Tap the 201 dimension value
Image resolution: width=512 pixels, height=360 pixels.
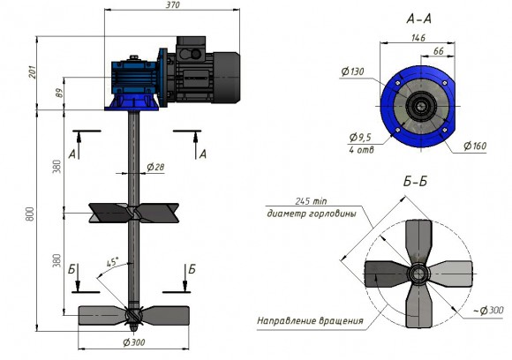pyautogui.click(x=33, y=72)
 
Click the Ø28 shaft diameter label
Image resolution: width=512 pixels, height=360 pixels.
pyautogui.click(x=156, y=167)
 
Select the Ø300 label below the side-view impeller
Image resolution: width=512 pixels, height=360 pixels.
pyautogui.click(x=134, y=341)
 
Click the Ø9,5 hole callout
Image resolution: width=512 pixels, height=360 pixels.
pyautogui.click(x=359, y=138)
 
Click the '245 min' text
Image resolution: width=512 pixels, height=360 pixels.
pyautogui.click(x=291, y=200)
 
